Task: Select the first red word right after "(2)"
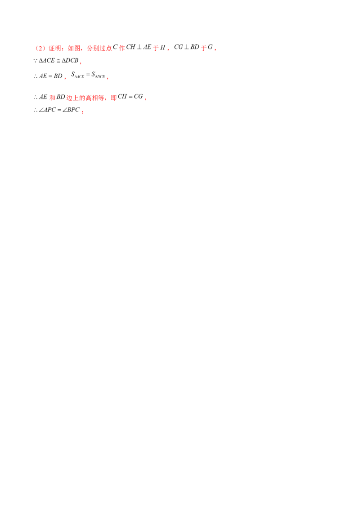54,48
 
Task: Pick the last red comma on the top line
215,50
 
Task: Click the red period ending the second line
81,63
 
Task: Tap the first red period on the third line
66,78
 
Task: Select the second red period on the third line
107,78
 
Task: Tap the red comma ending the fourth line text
146,98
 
